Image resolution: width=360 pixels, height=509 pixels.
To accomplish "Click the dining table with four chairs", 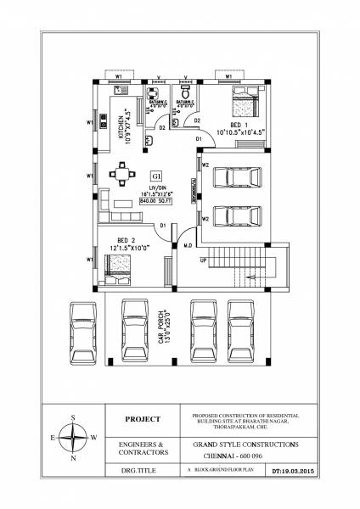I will pyautogui.click(x=123, y=176).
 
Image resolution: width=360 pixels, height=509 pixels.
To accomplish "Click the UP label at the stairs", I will pyautogui.click(x=203, y=260).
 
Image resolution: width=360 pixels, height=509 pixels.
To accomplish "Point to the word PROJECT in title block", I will pyautogui.click(x=142, y=418).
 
